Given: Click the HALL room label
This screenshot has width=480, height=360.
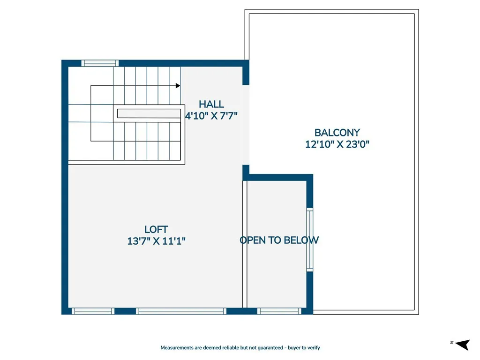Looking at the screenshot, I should tap(211, 104).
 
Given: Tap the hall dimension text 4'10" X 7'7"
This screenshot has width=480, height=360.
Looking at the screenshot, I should tap(211, 116).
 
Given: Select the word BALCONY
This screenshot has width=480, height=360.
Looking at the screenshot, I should tap(337, 133).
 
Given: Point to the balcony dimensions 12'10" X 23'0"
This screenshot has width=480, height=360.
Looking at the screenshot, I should tap(337, 144).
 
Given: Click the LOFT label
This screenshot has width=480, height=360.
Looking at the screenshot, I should tap(156, 229).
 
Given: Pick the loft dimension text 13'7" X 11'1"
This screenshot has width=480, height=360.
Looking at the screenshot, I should tap(156, 241).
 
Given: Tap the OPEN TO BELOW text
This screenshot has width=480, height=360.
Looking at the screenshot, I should tap(279, 240).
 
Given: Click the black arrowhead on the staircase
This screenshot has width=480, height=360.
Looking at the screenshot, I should tap(178, 86).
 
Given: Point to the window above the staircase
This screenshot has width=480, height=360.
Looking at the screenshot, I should tap(100, 63).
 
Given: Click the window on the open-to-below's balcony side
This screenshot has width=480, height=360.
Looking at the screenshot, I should tap(309, 240).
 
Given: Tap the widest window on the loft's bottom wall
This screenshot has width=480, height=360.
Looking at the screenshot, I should tap(181, 311).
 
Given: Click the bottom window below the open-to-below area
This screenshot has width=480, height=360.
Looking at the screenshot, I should tap(279, 311).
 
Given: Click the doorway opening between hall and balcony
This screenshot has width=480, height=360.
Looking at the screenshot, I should tap(246, 125).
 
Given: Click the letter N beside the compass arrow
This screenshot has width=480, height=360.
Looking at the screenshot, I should tap(451, 343).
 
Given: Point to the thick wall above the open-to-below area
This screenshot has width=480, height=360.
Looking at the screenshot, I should tap(277, 177).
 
